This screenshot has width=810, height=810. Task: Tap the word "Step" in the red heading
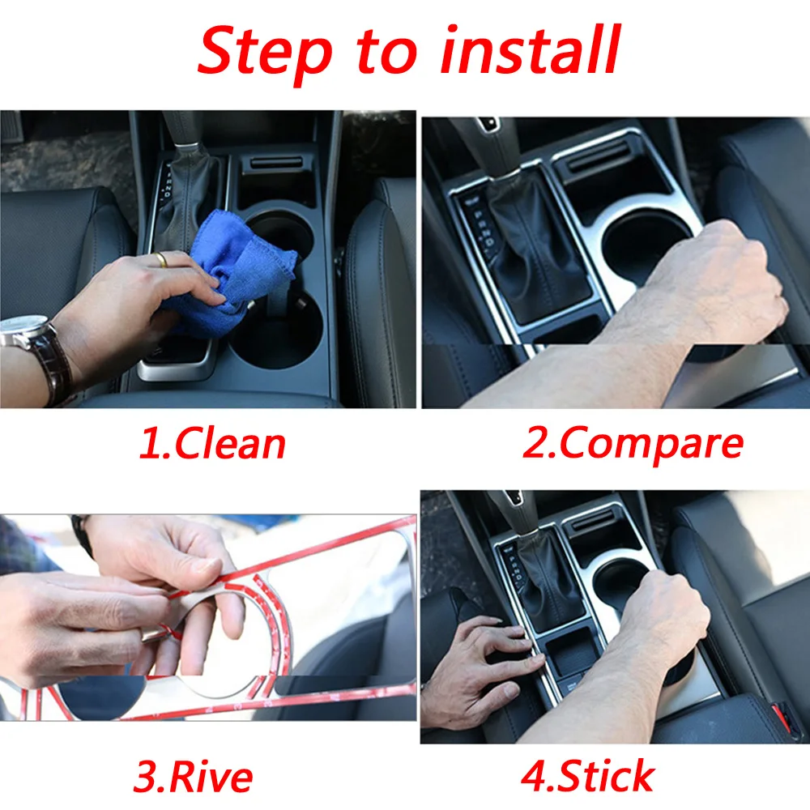tap(265, 53)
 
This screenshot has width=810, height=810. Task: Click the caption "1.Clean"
tap(212, 443)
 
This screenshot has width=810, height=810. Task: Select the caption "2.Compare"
tap(633, 443)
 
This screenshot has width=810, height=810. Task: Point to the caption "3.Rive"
tap(193, 777)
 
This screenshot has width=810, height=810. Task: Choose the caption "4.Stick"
tap(587, 775)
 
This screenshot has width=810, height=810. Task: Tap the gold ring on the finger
tap(162, 259)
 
